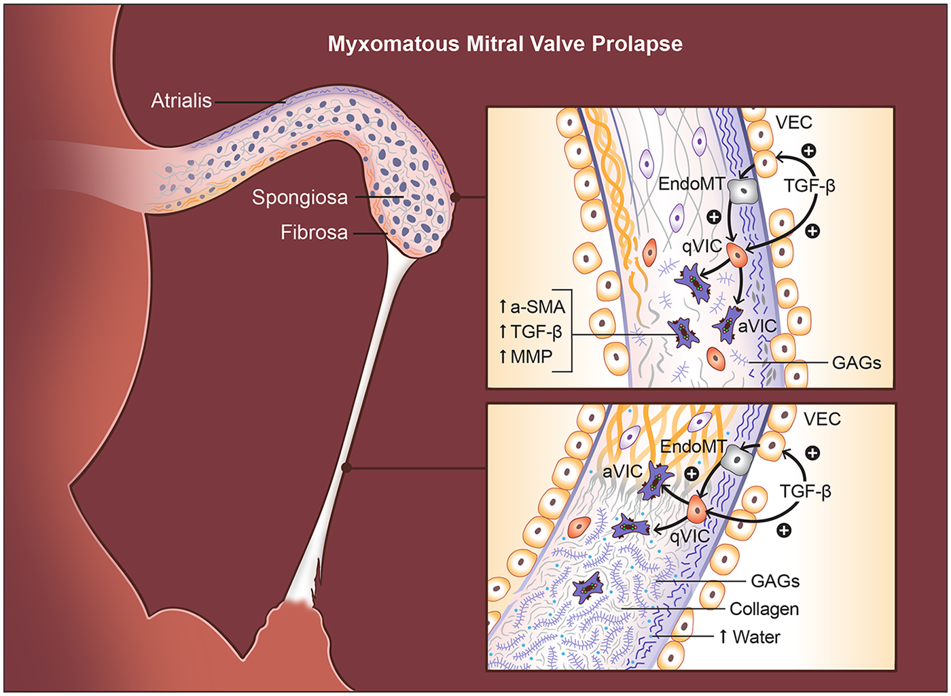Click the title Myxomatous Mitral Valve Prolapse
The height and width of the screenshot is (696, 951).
[505, 44]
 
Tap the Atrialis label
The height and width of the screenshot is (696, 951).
[181, 101]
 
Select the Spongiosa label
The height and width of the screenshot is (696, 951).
[300, 198]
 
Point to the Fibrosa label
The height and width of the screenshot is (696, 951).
[314, 232]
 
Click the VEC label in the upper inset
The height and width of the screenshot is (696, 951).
[793, 122]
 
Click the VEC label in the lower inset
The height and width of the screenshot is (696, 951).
[822, 419]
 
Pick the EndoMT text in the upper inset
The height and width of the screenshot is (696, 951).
[691, 184]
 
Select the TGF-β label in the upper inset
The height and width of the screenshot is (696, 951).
[809, 186]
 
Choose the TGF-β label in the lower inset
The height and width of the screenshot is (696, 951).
[805, 491]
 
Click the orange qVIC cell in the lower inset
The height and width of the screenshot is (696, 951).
[697, 510]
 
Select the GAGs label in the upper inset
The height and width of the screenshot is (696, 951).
[856, 363]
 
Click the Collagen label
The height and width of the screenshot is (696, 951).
[764, 609]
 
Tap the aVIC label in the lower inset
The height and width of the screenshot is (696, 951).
[622, 471]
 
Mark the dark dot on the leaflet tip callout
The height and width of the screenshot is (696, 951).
[456, 198]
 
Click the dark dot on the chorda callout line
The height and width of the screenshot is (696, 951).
[346, 468]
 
